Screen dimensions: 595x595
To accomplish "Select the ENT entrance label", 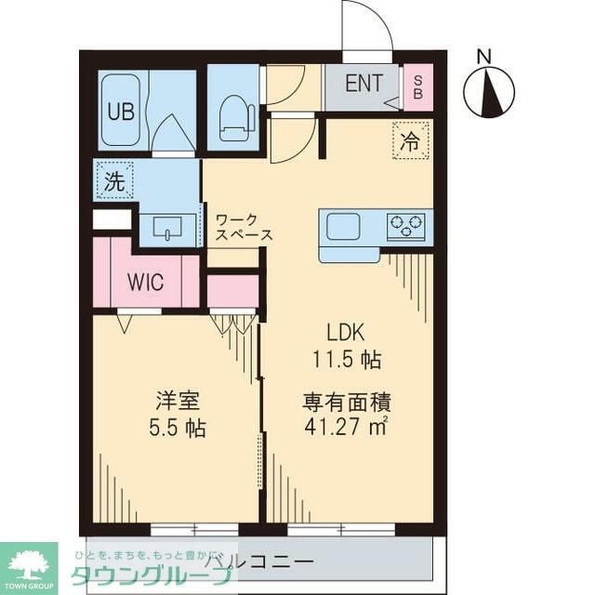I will (x=364, y=83).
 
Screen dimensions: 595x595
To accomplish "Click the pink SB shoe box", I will (x=417, y=87).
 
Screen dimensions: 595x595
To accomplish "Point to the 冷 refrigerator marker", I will (x=409, y=141).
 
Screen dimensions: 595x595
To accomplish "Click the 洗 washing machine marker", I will (x=113, y=182).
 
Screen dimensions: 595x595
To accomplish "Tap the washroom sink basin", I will (x=167, y=228).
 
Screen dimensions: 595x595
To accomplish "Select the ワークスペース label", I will (x=243, y=227).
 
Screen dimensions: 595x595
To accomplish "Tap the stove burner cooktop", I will (x=406, y=225).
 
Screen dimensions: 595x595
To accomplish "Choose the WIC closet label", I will (x=146, y=282).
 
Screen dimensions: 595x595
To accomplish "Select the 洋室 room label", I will (x=176, y=404).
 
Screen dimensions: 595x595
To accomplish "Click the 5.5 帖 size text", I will (x=176, y=430).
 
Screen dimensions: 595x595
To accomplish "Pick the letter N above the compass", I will (x=483, y=57).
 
